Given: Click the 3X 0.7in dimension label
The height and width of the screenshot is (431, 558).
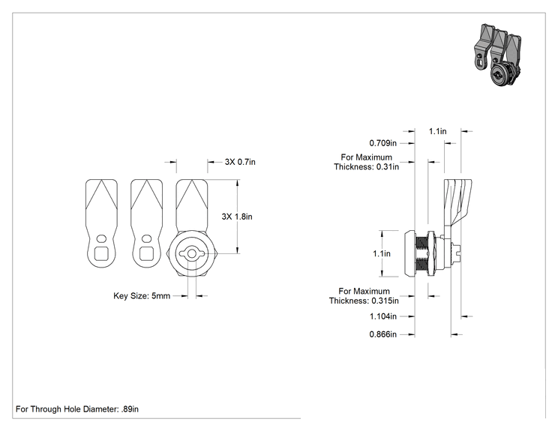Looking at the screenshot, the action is click(x=240, y=162).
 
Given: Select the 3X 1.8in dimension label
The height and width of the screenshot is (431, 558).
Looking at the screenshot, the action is click(x=237, y=217).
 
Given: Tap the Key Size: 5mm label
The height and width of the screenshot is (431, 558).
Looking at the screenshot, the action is click(x=142, y=296).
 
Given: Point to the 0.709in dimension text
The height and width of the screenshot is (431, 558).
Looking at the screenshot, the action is click(x=383, y=143).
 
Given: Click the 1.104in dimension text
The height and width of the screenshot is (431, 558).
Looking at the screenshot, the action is click(x=383, y=316).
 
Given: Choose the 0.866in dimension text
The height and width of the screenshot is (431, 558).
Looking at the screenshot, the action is click(x=383, y=334).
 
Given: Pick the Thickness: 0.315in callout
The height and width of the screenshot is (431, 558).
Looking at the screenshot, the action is click(x=364, y=301).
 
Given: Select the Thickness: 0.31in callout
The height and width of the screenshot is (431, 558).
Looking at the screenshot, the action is click(x=367, y=167).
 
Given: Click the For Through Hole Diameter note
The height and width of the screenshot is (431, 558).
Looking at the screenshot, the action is click(x=77, y=409).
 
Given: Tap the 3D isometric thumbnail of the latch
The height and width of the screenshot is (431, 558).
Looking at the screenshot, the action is click(x=497, y=55).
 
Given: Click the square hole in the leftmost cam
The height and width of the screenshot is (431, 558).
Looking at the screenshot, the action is click(x=101, y=253).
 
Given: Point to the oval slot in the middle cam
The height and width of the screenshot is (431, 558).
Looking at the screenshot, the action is click(x=146, y=238).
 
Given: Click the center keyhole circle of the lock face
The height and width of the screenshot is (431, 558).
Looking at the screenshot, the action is click(x=192, y=253).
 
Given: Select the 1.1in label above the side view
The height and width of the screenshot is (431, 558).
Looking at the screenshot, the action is click(x=438, y=132).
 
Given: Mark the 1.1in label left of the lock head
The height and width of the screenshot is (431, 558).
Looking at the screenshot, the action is click(x=382, y=253).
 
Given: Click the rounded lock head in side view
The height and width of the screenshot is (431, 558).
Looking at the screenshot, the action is click(x=409, y=253).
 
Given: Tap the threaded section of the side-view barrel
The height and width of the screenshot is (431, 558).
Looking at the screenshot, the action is click(x=421, y=253).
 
